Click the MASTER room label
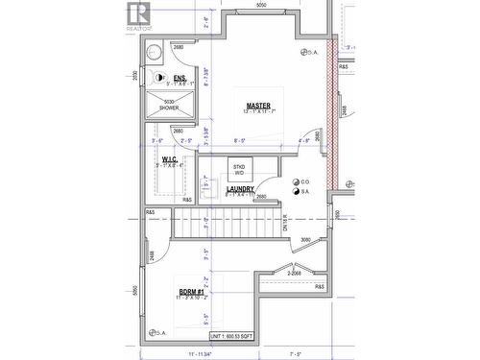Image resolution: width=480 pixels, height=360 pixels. pos(257,106)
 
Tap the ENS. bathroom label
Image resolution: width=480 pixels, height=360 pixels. pos(179,79)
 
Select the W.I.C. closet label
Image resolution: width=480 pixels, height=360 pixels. pos(169,158)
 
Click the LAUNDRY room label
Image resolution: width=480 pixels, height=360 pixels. pos(240,189)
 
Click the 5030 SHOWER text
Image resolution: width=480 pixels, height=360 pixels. pos(169,105)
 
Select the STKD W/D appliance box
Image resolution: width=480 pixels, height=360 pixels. pos(237,169)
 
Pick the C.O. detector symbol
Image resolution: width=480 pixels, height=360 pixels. pos(294,181)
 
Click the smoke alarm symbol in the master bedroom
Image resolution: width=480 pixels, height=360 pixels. pos(304,52)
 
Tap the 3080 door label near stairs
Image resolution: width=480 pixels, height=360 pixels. pos(305,240)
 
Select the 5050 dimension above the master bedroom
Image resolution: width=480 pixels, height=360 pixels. pos(260,6)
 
